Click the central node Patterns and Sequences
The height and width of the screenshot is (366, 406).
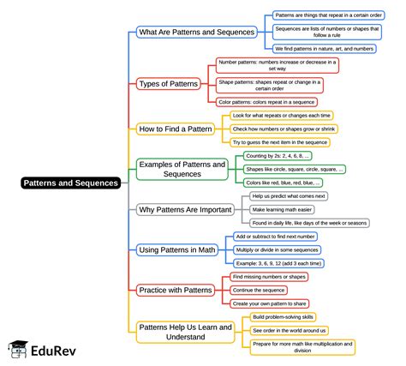pyautogui.click(x=71, y=183)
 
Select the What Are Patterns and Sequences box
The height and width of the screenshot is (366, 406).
pyautogui.click(x=197, y=32)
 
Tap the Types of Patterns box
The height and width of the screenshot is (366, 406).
pyautogui.click(x=169, y=83)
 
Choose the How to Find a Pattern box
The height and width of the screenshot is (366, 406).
pyautogui.click(x=176, y=129)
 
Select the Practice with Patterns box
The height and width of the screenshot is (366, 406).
pyautogui.click(x=175, y=290)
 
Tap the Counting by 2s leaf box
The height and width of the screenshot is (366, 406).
pyautogui.click(x=278, y=157)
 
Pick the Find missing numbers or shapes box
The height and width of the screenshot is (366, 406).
pyautogui.click(x=270, y=277)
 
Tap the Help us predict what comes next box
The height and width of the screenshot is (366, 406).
pyautogui.click(x=290, y=195)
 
